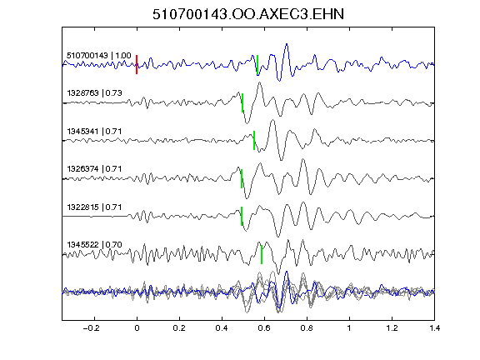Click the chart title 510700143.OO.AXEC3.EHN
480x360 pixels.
(248, 14)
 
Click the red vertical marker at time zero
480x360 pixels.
(137, 65)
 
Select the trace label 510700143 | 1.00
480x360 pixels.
(99, 56)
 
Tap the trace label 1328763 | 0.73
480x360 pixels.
(94, 93)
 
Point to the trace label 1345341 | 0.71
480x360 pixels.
(94, 132)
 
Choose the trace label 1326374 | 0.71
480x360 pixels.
(94, 169)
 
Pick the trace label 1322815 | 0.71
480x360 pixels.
(94, 207)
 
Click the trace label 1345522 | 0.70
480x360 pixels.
(94, 245)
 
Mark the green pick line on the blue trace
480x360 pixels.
(257, 65)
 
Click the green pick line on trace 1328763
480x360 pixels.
(242, 102)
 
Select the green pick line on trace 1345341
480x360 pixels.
(254, 141)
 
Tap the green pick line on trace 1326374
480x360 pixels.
(242, 179)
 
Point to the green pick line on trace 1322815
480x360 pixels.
(242, 216)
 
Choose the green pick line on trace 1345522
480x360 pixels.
(262, 254)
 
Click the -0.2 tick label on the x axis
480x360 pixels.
(91, 328)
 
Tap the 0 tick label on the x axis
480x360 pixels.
(137, 328)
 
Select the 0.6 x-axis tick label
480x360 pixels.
(264, 328)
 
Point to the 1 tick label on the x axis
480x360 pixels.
(349, 328)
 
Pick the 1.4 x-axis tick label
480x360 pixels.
(434, 328)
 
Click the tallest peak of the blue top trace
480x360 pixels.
(287, 44)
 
